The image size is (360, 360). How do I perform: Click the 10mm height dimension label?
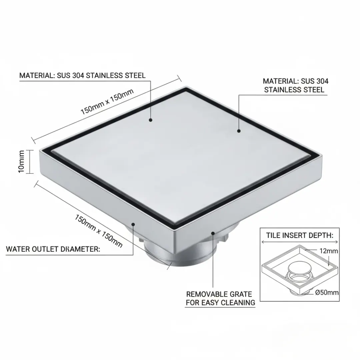pyautogui.click(x=21, y=161)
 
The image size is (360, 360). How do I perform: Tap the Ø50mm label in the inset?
pyautogui.click(x=327, y=293)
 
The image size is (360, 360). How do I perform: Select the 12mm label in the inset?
pyautogui.click(x=329, y=251)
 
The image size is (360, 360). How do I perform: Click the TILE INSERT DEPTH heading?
pyautogui.click(x=300, y=235)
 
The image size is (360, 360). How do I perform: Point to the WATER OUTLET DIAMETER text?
pyautogui.click(x=53, y=249)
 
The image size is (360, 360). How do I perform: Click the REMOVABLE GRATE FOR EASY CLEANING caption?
pyautogui.click(x=220, y=298)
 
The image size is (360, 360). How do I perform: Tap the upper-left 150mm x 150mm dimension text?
pyautogui.click(x=107, y=101)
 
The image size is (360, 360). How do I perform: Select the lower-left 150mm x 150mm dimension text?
pyautogui.click(x=98, y=231)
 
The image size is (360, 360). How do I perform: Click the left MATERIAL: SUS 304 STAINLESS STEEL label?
pyautogui.click(x=82, y=76)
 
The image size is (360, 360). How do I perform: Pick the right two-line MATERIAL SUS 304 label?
pyautogui.click(x=295, y=85)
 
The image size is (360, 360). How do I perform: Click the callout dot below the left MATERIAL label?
pyautogui.click(x=151, y=120)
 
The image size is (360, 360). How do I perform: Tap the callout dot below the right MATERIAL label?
pyautogui.click(x=239, y=131)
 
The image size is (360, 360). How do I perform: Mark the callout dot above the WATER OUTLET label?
pyautogui.click(x=133, y=224)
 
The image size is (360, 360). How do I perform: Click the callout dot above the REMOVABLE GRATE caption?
pyautogui.click(x=213, y=233)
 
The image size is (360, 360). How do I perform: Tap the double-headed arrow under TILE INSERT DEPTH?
pyautogui.click(x=300, y=242)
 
